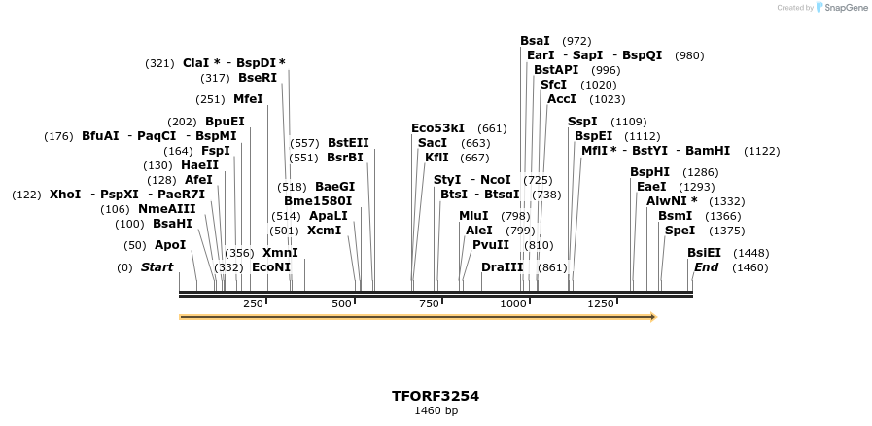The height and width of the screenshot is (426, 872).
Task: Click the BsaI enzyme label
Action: [x=535, y=41]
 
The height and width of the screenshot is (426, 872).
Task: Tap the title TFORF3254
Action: [x=436, y=396]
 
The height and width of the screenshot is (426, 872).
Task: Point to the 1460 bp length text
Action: [x=436, y=411]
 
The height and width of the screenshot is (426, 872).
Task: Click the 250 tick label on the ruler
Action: [x=253, y=304]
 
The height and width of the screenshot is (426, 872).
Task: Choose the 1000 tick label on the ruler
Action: [x=512, y=304]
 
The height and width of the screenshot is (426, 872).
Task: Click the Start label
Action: [x=157, y=267]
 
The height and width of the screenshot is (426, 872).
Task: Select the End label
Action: [x=706, y=267]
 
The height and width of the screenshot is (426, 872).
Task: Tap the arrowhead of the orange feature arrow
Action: [x=653, y=317]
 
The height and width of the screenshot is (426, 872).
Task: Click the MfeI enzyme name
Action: [x=248, y=99]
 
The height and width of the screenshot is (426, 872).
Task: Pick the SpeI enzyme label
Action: [x=680, y=231]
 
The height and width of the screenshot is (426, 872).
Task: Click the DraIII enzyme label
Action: [x=502, y=267]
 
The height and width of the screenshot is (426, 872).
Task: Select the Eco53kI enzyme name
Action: [x=437, y=128]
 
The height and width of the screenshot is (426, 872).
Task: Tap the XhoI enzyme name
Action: [x=65, y=195]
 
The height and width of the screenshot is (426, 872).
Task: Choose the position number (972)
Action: [x=576, y=41]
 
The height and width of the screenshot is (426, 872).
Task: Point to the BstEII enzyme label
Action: [x=348, y=143]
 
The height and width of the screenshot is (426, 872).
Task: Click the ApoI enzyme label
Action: [x=170, y=245]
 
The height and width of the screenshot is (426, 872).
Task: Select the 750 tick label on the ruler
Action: [x=429, y=304]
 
